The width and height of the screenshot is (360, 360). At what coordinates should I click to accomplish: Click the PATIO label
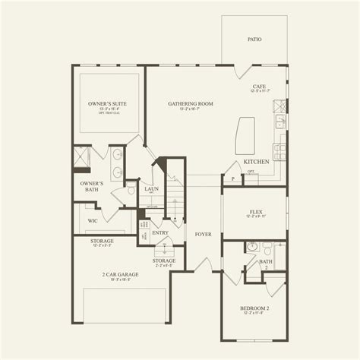click(254, 38)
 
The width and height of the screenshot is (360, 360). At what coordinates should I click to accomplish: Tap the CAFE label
click(259, 87)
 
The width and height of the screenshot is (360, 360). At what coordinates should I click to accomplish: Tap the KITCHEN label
click(255, 163)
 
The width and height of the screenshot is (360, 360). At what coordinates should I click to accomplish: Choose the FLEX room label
click(254, 212)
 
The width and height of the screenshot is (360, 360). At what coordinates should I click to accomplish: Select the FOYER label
click(203, 235)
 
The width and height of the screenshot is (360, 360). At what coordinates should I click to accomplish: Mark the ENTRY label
click(160, 234)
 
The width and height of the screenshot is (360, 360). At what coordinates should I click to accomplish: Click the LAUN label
click(151, 189)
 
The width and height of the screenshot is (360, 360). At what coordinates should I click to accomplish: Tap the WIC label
click(92, 221)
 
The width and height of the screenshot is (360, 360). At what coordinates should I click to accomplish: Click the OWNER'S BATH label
click(91, 186)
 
